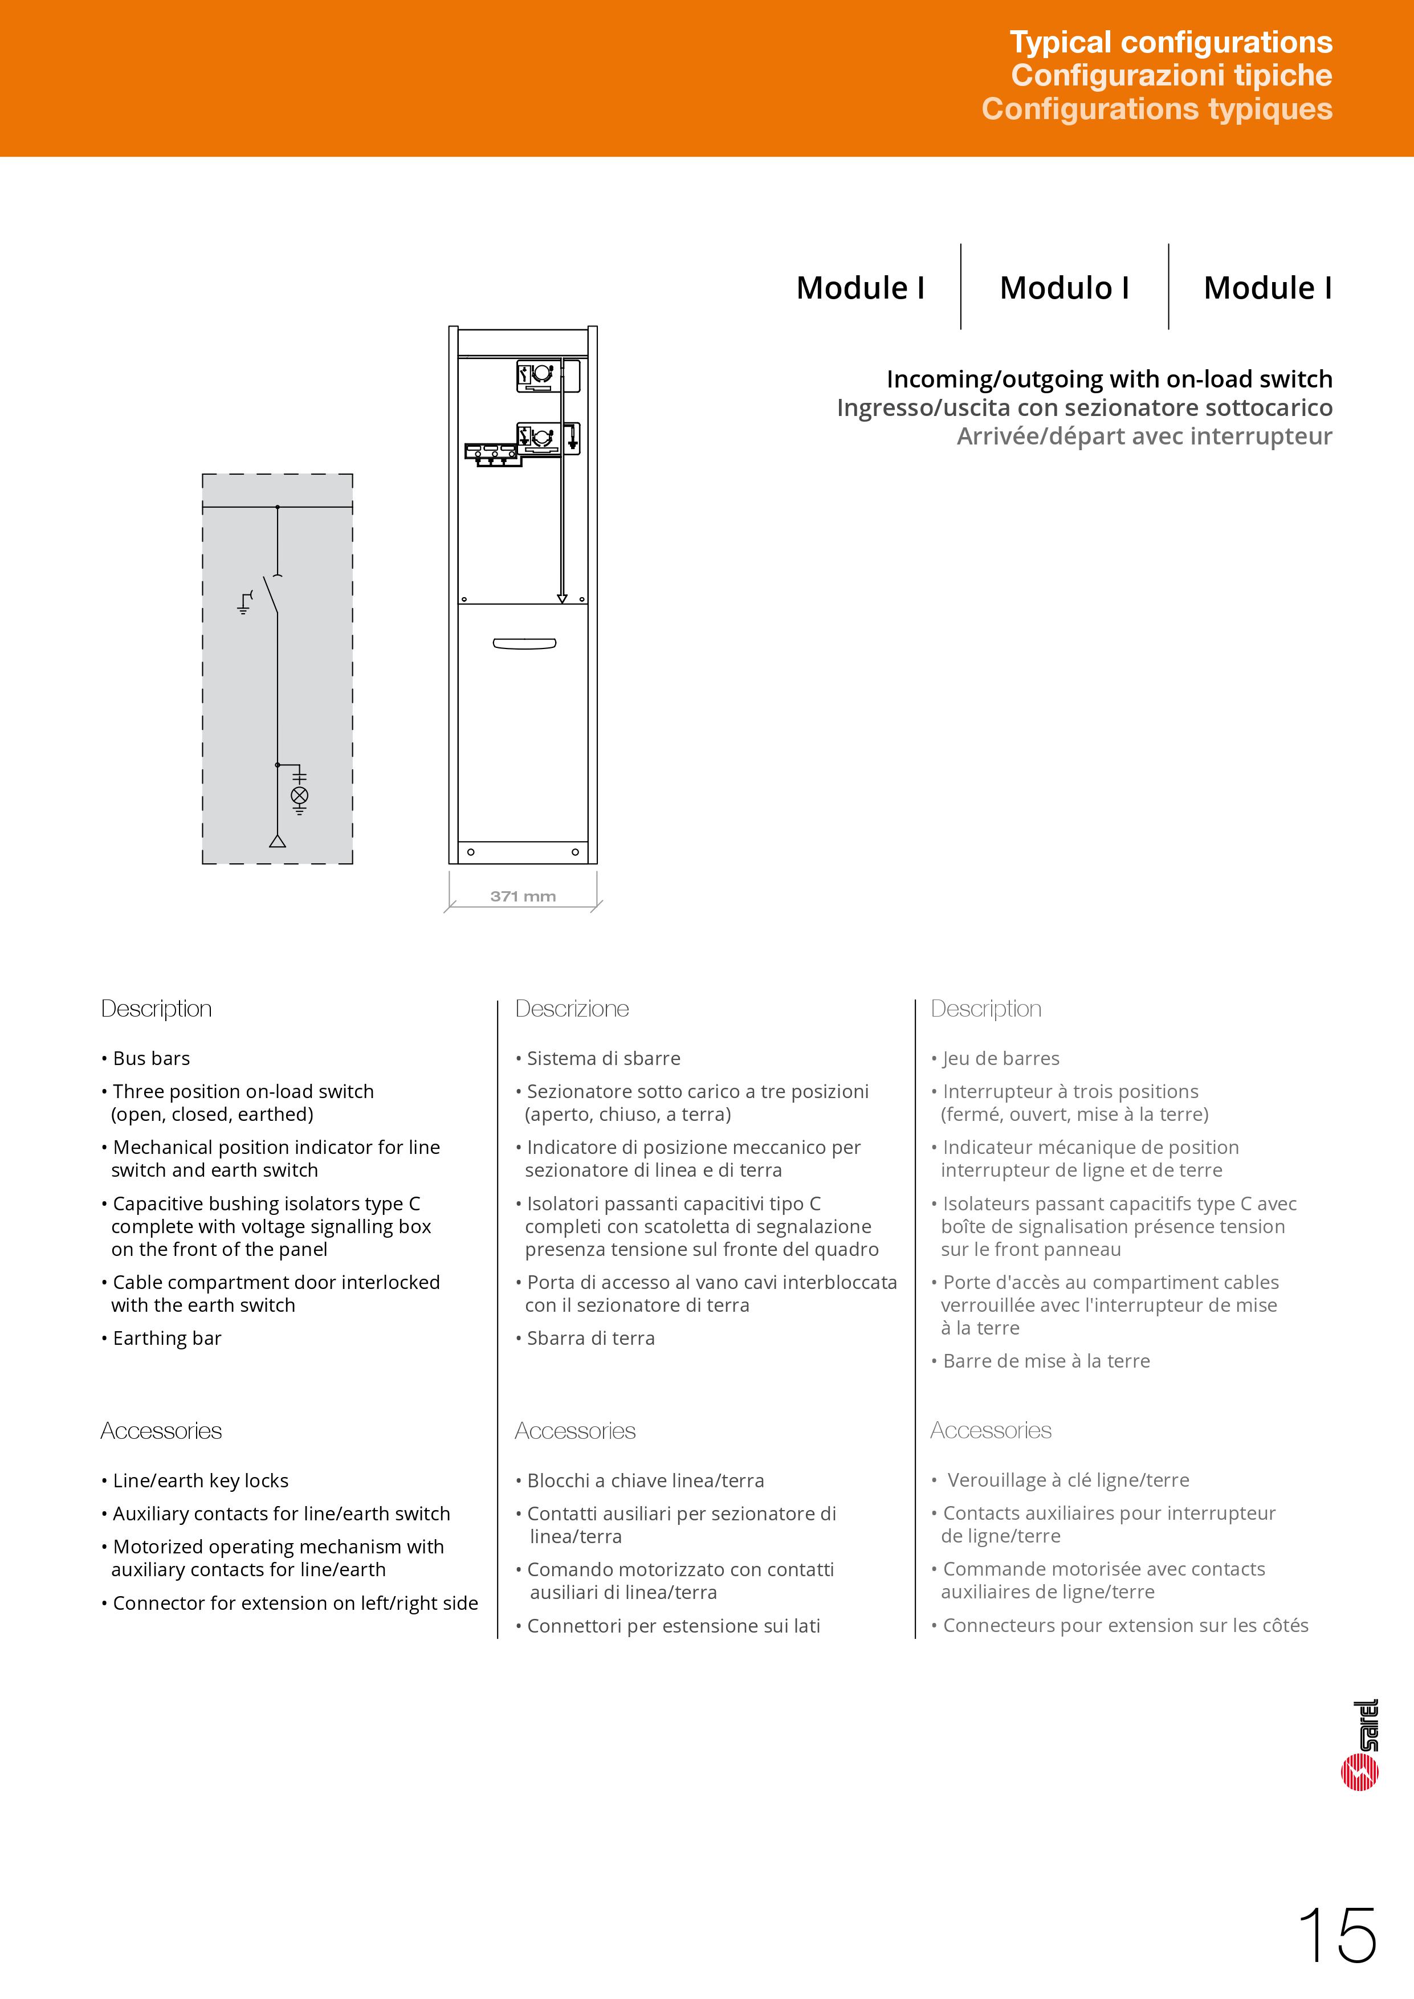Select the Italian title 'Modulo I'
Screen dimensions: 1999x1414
[1064, 288]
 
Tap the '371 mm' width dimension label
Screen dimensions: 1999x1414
[523, 896]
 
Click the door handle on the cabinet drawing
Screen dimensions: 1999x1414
[524, 643]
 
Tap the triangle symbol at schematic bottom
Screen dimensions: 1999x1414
[278, 841]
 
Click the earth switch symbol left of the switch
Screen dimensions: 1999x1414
[246, 602]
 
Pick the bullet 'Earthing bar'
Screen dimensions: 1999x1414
[166, 1338]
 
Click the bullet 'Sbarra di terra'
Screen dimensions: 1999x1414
[590, 1338]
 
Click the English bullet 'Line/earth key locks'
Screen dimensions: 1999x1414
[200, 1480]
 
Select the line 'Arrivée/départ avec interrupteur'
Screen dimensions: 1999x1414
[1144, 436]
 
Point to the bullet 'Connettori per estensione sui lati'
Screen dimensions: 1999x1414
[673, 1626]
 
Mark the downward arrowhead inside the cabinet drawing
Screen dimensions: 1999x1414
[561, 598]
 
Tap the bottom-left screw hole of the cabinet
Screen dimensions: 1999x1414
[471, 851]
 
